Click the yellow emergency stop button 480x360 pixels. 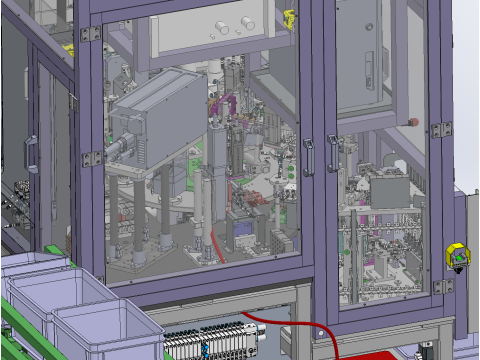pyautogui.click(x=457, y=257)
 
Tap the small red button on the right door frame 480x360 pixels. pyautogui.click(x=414, y=121)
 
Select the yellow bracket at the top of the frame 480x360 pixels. pyautogui.click(x=290, y=17)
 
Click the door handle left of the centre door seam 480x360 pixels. pyautogui.click(x=310, y=156)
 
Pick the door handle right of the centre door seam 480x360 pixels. pyautogui.click(x=333, y=155)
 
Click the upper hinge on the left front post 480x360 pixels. pyautogui.click(x=90, y=34)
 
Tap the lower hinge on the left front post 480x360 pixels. pyautogui.click(x=92, y=158)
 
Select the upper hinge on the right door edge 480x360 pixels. pyautogui.click(x=439, y=129)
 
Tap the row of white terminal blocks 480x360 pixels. pyautogui.click(x=205, y=338)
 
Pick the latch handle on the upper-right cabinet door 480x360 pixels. pyautogui.click(x=372, y=70)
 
